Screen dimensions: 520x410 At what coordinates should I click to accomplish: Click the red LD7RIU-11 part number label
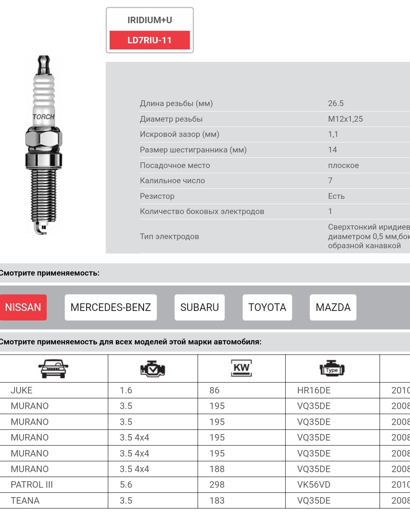150,40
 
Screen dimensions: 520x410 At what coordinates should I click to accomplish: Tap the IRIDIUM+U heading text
150,20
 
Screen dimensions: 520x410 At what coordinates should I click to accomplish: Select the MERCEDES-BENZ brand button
110,307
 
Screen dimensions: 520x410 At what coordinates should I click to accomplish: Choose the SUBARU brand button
199,307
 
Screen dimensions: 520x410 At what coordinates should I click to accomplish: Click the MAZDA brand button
333,307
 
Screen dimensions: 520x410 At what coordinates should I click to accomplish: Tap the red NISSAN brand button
23,307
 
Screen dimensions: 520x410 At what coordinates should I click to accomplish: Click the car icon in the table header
53,369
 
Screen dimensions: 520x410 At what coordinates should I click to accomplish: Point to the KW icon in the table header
241,368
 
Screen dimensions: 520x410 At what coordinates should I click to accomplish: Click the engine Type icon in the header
332,369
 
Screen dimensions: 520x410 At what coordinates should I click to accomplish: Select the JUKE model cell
22,390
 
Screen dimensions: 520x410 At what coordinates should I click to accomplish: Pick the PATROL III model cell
32,485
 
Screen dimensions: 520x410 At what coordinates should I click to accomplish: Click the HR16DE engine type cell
314,390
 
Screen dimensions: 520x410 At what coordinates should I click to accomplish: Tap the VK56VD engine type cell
314,485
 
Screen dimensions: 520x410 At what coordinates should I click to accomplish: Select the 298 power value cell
217,485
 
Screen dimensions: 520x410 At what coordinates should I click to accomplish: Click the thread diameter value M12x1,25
345,119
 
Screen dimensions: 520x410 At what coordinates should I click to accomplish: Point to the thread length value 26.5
336,103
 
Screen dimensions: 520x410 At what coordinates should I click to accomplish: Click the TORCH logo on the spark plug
44,117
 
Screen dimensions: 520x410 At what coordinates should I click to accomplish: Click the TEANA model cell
25,501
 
